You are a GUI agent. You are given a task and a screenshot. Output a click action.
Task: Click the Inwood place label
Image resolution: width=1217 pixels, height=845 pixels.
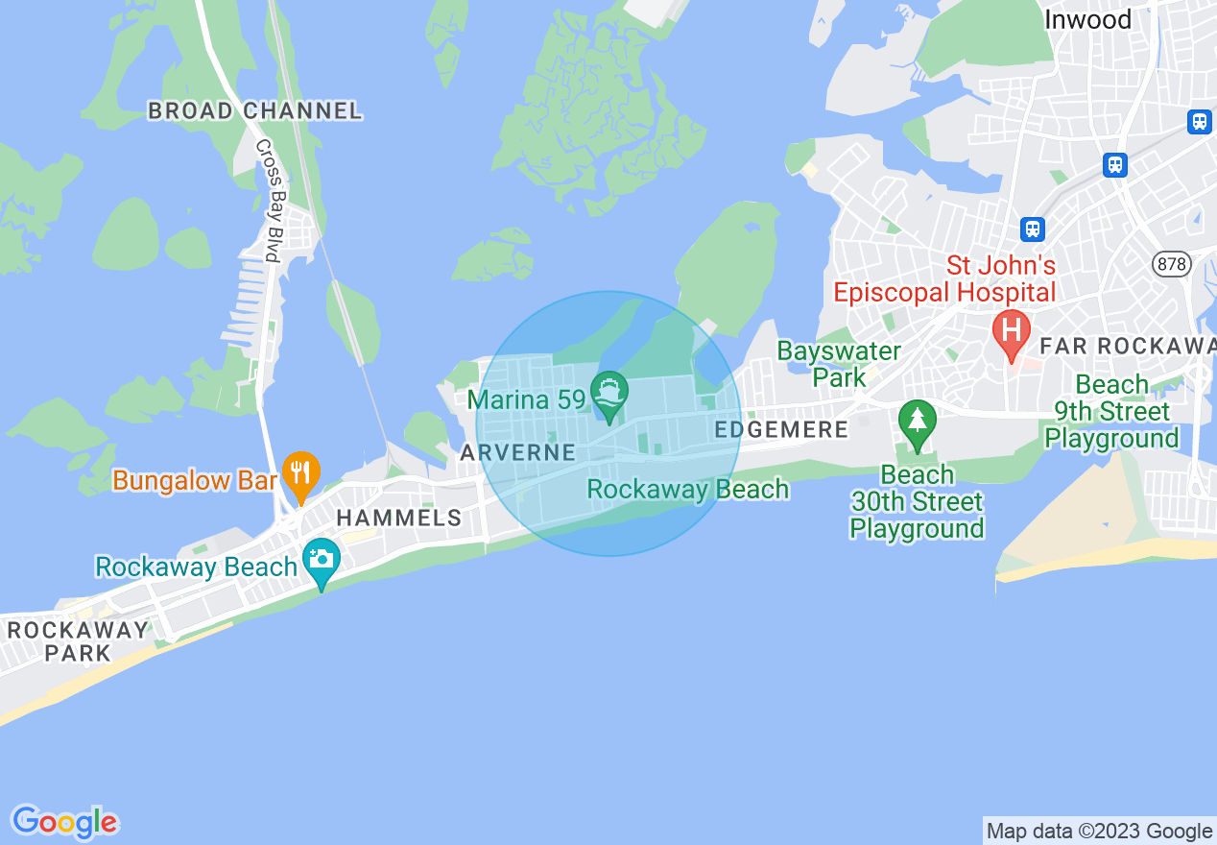pyautogui.click(x=1087, y=19)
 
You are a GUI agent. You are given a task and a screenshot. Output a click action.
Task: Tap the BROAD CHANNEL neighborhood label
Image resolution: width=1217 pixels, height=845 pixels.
pyautogui.click(x=254, y=111)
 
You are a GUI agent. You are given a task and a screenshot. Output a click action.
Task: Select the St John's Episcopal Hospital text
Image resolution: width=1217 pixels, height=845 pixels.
pyautogui.click(x=944, y=278)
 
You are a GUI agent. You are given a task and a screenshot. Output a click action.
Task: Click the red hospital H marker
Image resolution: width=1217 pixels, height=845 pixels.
pyautogui.click(x=1010, y=331)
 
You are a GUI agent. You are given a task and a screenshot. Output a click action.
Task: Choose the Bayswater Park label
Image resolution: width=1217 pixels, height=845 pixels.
pyautogui.click(x=839, y=364)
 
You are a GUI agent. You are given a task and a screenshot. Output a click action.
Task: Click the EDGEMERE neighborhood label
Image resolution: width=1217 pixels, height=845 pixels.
pyautogui.click(x=781, y=430)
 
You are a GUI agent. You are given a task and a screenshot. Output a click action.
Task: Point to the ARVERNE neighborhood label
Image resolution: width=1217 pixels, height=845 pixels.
pyautogui.click(x=517, y=452)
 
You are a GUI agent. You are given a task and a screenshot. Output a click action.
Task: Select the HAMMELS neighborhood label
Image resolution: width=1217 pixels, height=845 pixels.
pyautogui.click(x=398, y=519)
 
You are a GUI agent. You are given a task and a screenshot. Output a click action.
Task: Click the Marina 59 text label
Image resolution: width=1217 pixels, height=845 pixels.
pyautogui.click(x=526, y=397)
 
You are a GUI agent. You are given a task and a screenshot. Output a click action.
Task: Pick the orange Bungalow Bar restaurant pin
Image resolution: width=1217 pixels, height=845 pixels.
pyautogui.click(x=301, y=474)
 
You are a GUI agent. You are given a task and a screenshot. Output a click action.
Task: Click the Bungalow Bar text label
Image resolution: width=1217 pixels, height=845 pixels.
pyautogui.click(x=194, y=479)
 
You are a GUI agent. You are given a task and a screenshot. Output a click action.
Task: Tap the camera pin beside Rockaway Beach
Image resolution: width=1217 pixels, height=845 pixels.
pyautogui.click(x=321, y=559)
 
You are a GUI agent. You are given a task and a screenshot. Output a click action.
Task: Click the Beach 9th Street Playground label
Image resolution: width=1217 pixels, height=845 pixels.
pyautogui.click(x=1111, y=412)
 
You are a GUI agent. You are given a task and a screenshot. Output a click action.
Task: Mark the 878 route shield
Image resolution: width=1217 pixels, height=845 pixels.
pyautogui.click(x=1171, y=264)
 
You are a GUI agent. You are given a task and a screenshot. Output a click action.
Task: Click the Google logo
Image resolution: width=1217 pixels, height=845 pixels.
pyautogui.click(x=64, y=822)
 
